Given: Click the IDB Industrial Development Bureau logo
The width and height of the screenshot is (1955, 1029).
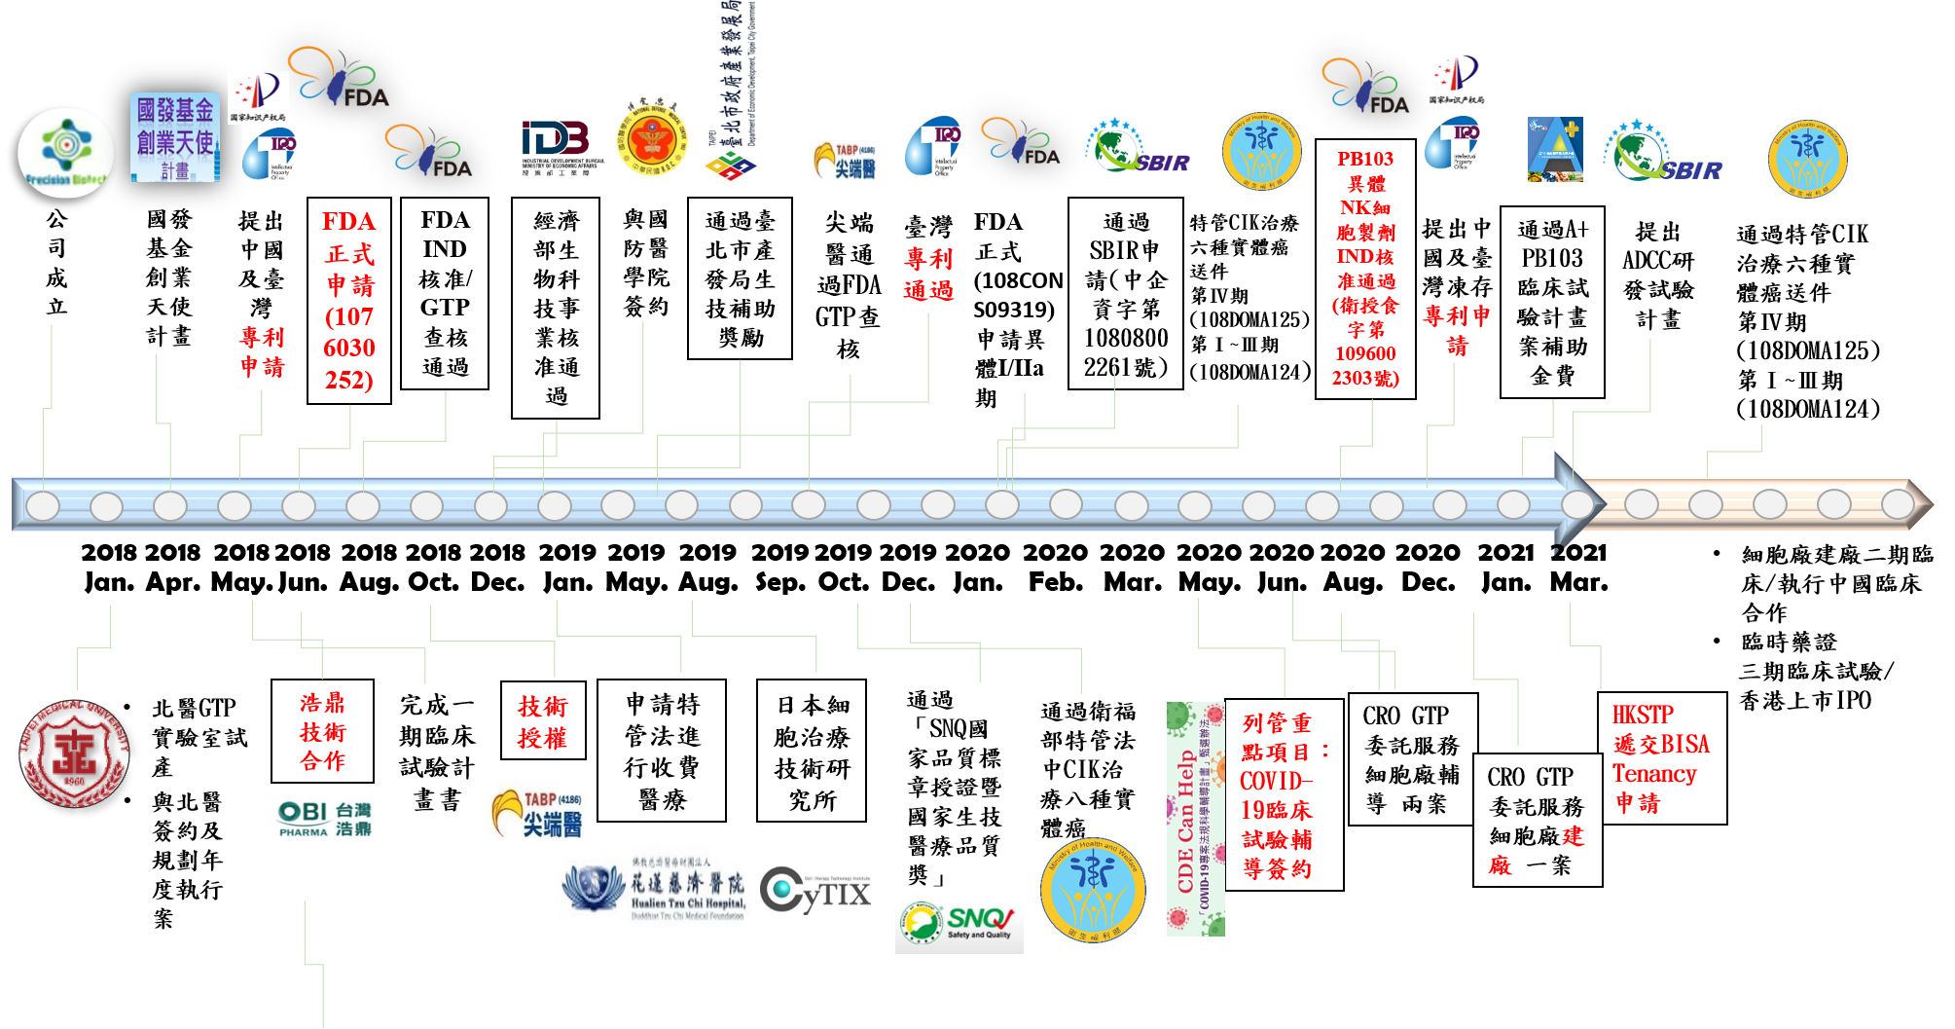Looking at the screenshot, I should (x=561, y=145).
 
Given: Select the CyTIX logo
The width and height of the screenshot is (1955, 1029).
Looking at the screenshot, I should (x=816, y=890).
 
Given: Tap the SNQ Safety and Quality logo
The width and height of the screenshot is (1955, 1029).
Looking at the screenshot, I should (x=959, y=925).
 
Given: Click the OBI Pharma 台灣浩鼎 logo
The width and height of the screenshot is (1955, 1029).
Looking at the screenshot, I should (x=323, y=818).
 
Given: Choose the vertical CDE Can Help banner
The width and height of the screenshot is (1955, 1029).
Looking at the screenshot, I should (x=1195, y=819).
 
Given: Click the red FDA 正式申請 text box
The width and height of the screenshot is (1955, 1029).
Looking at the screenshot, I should (x=349, y=300).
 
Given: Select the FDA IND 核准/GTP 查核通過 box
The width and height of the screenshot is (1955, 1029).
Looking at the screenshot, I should (x=445, y=293).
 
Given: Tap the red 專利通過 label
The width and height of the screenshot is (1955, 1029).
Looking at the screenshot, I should (x=928, y=275).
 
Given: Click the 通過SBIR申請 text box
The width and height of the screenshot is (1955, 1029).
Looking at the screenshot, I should (x=1126, y=294).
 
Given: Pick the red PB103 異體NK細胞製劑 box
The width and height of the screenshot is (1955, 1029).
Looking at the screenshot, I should (x=1365, y=269).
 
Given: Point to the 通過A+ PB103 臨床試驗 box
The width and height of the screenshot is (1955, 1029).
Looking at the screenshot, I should (x=1552, y=302).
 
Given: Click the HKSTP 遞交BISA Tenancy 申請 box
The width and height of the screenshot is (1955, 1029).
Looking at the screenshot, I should (x=1662, y=758).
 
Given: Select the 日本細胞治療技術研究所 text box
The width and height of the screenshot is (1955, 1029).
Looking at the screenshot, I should (x=812, y=751).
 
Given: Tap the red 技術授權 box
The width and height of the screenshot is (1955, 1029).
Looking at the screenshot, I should (x=543, y=721).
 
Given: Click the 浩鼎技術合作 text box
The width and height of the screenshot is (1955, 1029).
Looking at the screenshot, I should (x=323, y=731).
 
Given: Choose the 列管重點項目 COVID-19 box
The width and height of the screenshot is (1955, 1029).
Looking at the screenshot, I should (x=1284, y=795).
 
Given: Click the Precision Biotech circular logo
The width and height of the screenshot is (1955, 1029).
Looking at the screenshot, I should (x=66, y=153).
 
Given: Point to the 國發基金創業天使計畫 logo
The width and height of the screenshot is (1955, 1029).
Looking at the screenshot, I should (x=175, y=137).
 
